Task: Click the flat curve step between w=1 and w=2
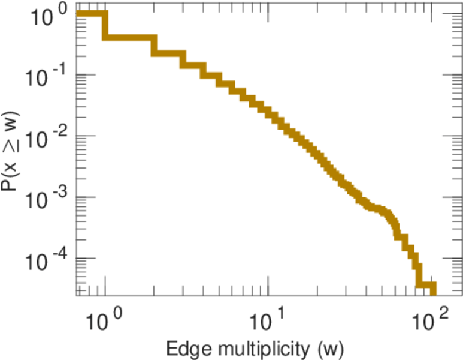(129, 38)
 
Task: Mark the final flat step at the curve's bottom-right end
(427, 285)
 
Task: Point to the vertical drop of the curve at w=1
(105, 26)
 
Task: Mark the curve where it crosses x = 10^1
(268, 110)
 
